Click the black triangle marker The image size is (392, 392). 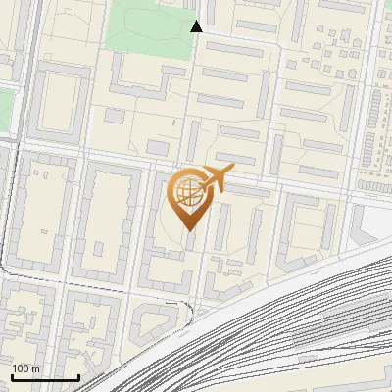point(197,26)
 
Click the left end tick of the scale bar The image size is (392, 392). point(11,377)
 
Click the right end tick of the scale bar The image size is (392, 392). point(78,377)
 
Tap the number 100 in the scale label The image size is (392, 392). point(21,368)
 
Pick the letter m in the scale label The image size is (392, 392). point(35,368)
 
